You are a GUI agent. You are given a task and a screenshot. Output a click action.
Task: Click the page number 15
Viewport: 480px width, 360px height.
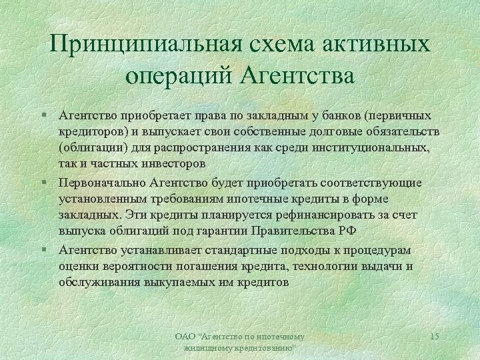pos(434,337)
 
